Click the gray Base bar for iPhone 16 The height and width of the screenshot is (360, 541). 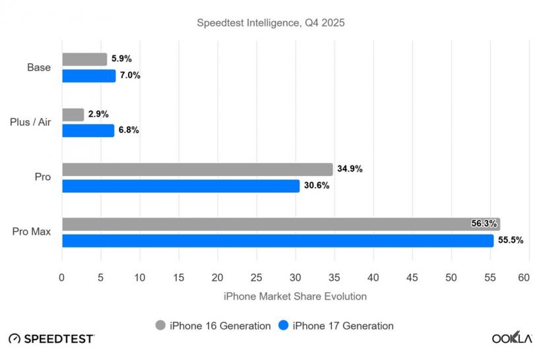click(x=84, y=59)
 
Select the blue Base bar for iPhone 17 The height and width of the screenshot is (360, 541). click(x=88, y=76)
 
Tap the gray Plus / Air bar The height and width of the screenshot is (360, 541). click(x=73, y=114)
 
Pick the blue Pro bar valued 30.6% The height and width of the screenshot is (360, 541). click(x=181, y=186)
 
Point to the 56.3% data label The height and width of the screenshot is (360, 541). click(x=484, y=224)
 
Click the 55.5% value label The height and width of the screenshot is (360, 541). click(x=510, y=241)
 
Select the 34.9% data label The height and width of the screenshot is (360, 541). click(x=350, y=169)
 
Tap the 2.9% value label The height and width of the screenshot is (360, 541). click(x=98, y=114)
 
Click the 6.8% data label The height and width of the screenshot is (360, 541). click(x=129, y=131)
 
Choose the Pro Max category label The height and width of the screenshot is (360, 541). click(x=31, y=232)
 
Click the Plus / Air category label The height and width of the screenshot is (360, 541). click(x=30, y=122)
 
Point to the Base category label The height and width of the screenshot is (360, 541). click(x=39, y=67)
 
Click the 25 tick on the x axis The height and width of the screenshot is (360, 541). click(x=257, y=278)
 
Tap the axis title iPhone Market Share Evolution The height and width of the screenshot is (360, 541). click(x=295, y=297)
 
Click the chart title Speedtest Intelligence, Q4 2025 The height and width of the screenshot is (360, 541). click(x=271, y=23)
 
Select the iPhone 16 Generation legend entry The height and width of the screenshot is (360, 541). click(x=213, y=326)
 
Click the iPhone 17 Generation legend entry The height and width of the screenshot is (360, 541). click(x=336, y=326)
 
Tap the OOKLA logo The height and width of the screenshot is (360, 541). click(x=511, y=338)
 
